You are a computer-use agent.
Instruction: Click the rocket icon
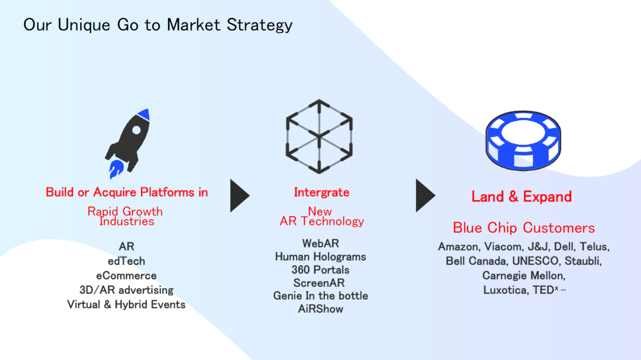tap(127, 144)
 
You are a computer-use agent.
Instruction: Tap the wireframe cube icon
tap(319, 137)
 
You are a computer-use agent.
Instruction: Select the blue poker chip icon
tap(523, 140)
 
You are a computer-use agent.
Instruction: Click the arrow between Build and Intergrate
tap(240, 195)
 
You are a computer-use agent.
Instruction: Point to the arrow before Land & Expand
tap(426, 195)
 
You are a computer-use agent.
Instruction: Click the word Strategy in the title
tap(260, 25)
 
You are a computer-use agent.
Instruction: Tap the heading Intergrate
tap(322, 192)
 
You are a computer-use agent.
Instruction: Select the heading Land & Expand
tap(522, 197)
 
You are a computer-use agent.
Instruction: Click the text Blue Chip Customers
tap(523, 228)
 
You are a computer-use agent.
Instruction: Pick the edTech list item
tap(126, 261)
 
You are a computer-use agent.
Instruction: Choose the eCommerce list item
tap(126, 276)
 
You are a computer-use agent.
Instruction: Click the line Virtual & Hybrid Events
tap(126, 304)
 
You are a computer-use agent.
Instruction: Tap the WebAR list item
tap(320, 244)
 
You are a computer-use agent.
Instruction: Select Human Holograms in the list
tap(320, 257)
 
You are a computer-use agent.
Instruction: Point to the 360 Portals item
tap(320, 270)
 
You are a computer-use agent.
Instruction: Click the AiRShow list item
tap(320, 309)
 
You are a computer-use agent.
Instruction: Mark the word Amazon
tap(459, 247)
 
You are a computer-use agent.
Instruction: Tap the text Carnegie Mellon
tap(523, 276)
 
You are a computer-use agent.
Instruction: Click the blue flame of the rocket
tap(116, 169)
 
